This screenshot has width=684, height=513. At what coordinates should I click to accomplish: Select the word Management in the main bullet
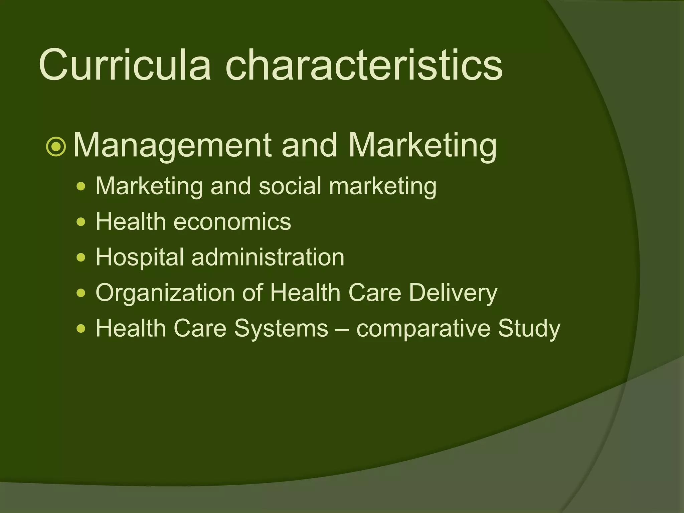pos(172,146)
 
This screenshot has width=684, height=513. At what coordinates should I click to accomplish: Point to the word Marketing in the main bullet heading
pos(422,146)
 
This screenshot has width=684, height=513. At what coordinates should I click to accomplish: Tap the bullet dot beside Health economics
pos(81,222)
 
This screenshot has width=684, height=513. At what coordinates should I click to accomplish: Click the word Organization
pos(165,293)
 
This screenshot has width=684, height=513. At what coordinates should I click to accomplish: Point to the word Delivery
pos(453,293)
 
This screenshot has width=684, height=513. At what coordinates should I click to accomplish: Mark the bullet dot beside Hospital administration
pos(81,258)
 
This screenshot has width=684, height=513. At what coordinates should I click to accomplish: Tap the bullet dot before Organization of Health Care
pos(81,293)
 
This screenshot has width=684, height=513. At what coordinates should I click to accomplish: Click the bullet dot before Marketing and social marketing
pos(81,186)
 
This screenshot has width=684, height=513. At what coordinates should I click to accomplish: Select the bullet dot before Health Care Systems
pos(81,329)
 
